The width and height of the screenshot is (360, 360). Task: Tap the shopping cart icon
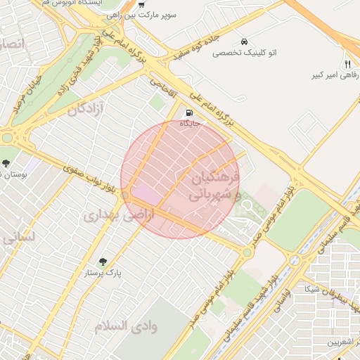click(x=141, y=4)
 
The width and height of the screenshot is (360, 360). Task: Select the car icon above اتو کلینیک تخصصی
click(x=243, y=41)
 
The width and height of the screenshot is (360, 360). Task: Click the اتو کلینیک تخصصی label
click(x=243, y=53)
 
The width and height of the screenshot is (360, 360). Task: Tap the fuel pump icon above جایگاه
click(x=188, y=112)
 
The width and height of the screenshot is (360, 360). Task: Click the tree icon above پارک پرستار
click(x=103, y=262)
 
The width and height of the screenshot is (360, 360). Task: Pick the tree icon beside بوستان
click(x=6, y=163)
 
